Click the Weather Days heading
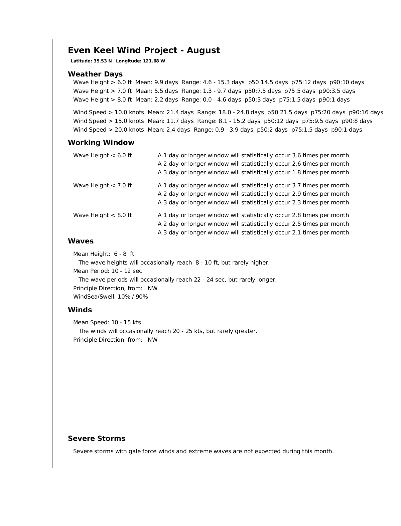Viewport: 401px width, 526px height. click(x=95, y=74)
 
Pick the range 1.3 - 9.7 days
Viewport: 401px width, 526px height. click(x=222, y=91)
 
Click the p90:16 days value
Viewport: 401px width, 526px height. click(x=366, y=112)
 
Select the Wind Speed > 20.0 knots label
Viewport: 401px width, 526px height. click(x=109, y=130)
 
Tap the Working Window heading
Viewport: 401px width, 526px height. click(x=101, y=143)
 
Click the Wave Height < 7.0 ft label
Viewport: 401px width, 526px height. click(x=103, y=185)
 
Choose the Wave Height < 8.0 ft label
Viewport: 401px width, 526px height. click(x=103, y=215)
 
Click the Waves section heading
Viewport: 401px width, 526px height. click(x=81, y=241)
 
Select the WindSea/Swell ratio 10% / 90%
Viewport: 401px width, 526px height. click(x=133, y=297)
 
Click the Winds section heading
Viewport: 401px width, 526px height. click(x=80, y=310)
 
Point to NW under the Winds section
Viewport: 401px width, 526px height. click(x=153, y=340)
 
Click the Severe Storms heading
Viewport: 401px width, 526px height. click(x=97, y=439)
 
